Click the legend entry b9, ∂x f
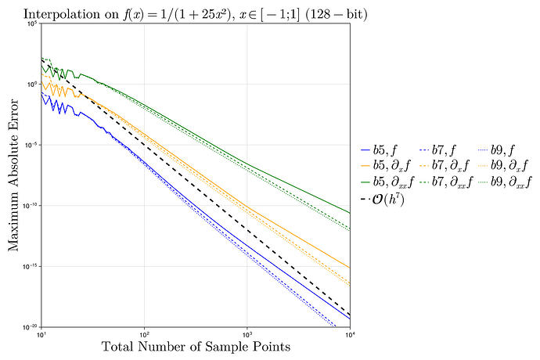(505, 165)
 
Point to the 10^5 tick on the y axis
(32, 24)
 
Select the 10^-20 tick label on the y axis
(31, 326)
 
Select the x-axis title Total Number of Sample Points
(196, 347)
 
